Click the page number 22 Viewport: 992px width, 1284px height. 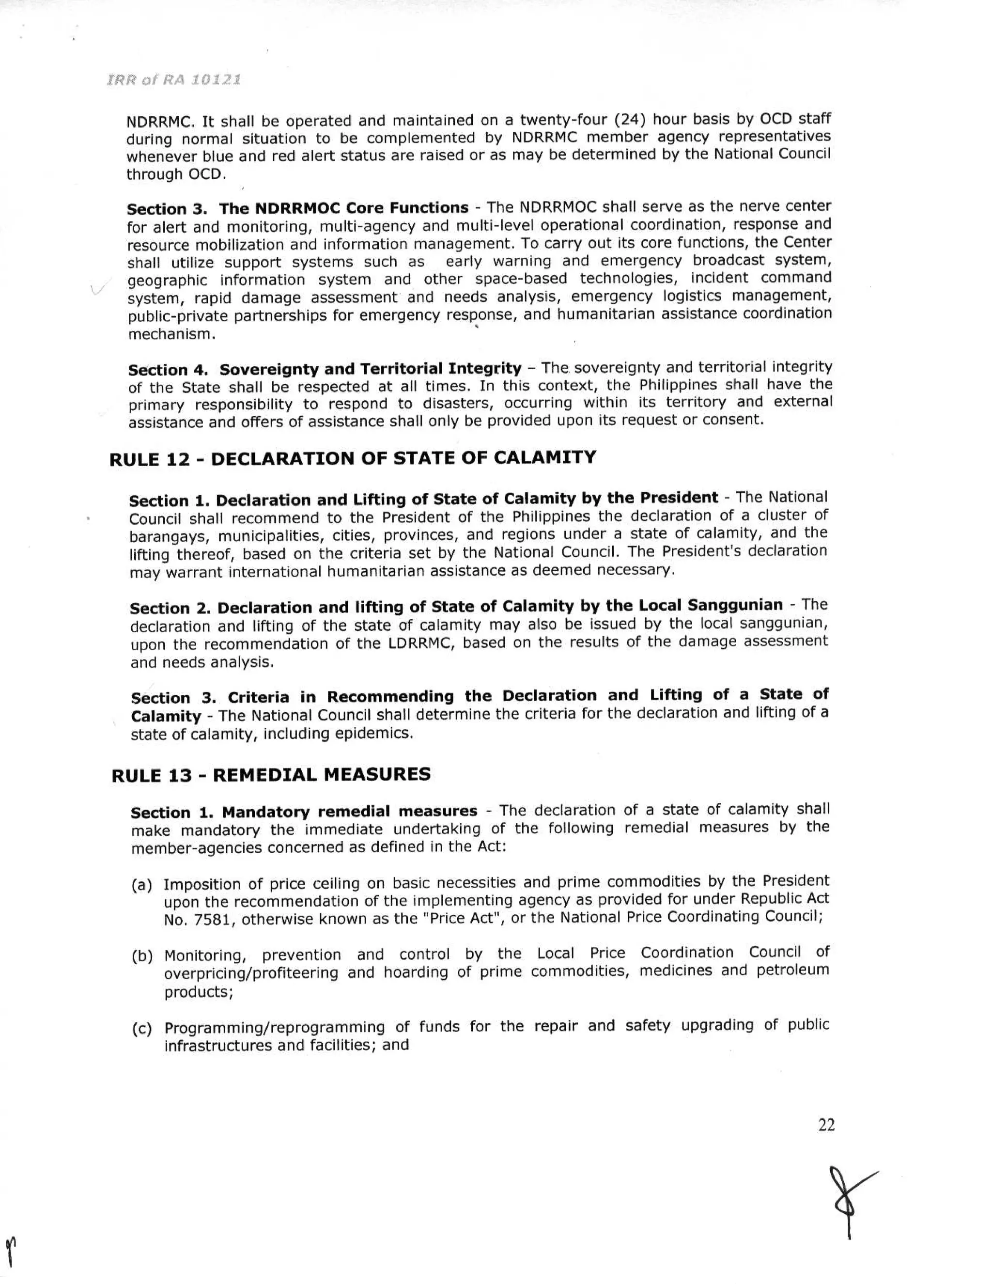(826, 1124)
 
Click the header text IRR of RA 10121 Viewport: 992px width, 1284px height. (173, 79)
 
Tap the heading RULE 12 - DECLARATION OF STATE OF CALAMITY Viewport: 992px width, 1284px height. (353, 458)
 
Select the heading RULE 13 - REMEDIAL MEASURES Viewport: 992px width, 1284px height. (271, 774)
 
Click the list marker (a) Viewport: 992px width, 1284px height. (141, 884)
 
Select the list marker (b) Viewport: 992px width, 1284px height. (141, 956)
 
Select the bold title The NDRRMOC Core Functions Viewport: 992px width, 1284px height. (344, 208)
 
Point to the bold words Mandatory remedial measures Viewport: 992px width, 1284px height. (349, 811)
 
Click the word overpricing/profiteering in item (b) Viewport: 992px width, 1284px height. (251, 973)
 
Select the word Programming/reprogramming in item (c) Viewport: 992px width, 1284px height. (274, 1027)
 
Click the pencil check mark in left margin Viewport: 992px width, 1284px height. (97, 289)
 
